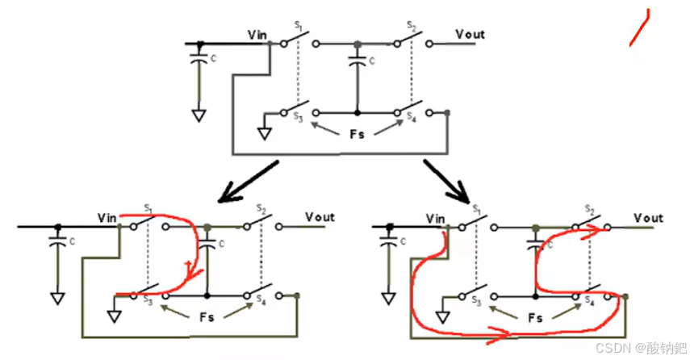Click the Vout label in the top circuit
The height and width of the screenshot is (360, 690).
coord(470,34)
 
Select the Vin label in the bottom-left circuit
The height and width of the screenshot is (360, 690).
coord(107,217)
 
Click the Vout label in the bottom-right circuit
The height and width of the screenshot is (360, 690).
coord(648,218)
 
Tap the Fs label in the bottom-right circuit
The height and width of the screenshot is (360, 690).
coord(534,318)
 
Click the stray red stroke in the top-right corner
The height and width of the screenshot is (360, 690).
coord(641,27)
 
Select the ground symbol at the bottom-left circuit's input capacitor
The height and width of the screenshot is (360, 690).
coord(56,298)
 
